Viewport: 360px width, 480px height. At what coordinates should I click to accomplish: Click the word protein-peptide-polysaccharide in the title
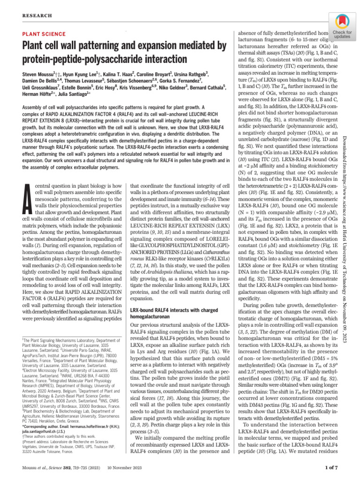pyautogui.click(x=94, y=60)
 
